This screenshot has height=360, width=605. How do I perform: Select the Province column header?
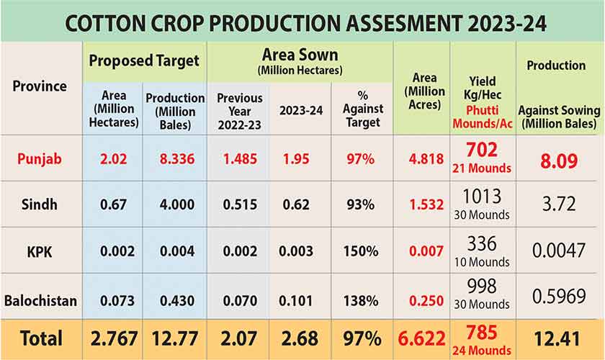click(40, 86)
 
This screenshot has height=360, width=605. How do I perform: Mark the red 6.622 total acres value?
click(421, 338)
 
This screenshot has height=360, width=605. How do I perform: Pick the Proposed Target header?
click(143, 60)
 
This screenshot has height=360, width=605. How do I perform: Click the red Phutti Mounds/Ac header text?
click(483, 117)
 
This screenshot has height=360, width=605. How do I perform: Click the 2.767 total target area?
click(112, 338)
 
